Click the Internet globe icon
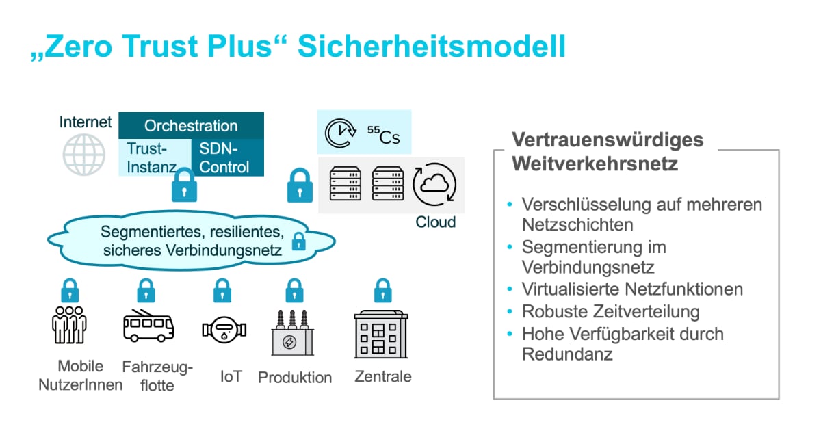point(84,155)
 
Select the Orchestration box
point(191,126)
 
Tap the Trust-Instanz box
point(152,157)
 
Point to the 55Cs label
point(384,136)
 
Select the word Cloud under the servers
point(435,222)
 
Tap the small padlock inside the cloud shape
point(298,241)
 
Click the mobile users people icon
point(69,324)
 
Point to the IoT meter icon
point(221,329)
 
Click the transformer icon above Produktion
point(293,332)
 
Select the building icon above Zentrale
point(381,334)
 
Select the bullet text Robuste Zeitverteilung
point(610,312)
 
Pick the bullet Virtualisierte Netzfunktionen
point(632,289)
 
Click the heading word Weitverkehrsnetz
point(595,165)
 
